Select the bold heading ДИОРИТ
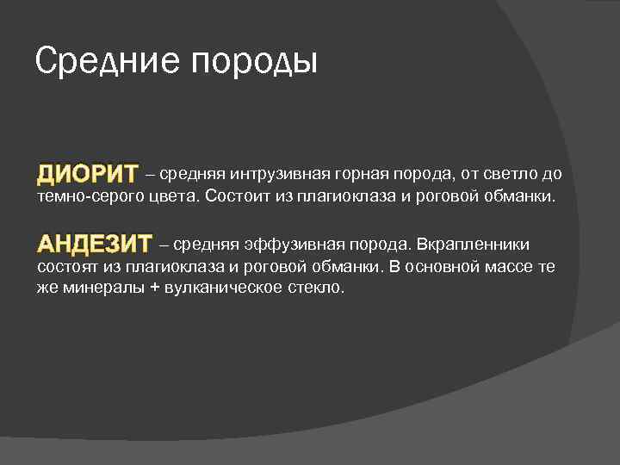[x=87, y=175]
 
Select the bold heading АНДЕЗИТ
[x=95, y=244]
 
